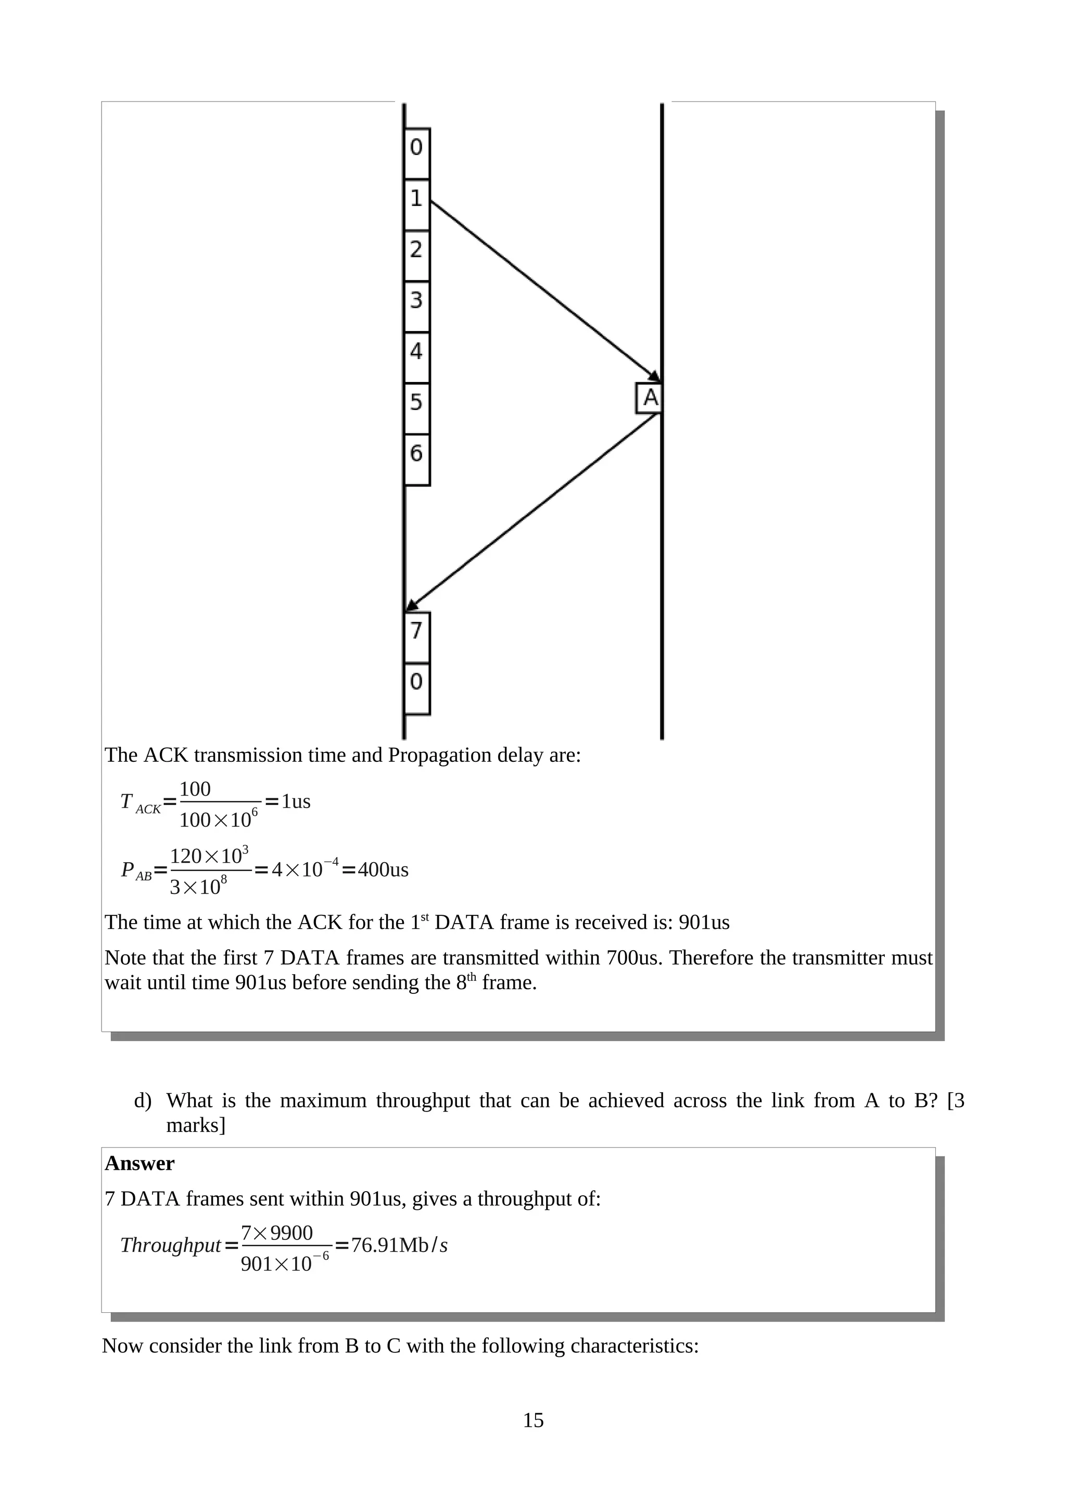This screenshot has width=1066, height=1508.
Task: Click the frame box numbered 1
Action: coord(416,205)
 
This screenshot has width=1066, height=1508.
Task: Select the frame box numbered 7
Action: coord(416,636)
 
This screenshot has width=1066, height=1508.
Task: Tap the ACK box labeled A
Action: coord(649,398)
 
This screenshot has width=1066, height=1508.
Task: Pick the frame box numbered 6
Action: coord(416,459)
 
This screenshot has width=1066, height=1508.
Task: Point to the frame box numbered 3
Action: coord(416,306)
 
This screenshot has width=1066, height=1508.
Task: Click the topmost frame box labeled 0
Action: coord(416,153)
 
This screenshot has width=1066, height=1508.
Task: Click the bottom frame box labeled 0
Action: coord(416,688)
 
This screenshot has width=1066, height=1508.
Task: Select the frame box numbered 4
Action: coord(416,357)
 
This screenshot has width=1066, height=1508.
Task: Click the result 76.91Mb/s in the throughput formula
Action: coord(399,1245)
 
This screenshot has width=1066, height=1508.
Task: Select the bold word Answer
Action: coord(139,1163)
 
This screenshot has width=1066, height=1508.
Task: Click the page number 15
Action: coord(532,1420)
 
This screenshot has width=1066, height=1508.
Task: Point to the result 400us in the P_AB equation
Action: coord(383,870)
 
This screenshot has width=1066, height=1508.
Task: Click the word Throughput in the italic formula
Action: coord(170,1245)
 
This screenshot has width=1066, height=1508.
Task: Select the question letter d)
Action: coord(143,1100)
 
